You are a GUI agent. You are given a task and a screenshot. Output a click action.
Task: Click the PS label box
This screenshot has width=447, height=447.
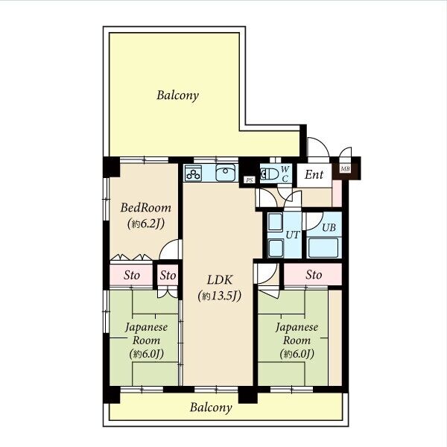(x=250, y=180)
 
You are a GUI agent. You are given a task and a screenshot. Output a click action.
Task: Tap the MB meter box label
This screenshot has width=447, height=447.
(x=345, y=169)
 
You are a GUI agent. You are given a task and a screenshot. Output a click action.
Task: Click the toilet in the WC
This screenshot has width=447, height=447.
(x=270, y=173)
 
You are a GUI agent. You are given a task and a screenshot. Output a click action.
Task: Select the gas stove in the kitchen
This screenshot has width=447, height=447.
(x=193, y=173)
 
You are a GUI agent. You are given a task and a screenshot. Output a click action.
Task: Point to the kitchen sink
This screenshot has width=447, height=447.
(x=226, y=173)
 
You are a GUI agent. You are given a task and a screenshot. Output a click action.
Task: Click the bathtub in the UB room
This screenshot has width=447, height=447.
(x=323, y=247)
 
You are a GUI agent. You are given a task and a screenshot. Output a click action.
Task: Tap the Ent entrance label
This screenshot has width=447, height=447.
(x=314, y=175)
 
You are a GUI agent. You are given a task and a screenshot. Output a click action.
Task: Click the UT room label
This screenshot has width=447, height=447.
(x=293, y=235)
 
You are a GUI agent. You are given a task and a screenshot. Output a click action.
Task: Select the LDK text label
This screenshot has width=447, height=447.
(x=220, y=279)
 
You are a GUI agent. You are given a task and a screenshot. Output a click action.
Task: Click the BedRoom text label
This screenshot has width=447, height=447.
(x=146, y=208)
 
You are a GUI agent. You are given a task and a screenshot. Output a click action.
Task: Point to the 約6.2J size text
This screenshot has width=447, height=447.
(x=146, y=223)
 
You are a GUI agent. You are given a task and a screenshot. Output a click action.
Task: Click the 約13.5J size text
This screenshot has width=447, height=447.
(x=220, y=296)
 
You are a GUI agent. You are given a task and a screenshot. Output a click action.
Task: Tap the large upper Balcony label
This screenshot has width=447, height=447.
(x=177, y=95)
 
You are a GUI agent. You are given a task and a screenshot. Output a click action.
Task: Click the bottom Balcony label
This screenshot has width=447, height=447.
(x=211, y=407)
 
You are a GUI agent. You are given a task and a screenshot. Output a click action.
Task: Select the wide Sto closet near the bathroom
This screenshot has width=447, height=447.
(x=313, y=274)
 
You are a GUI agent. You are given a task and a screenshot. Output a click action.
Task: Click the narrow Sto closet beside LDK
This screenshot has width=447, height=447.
(x=168, y=275)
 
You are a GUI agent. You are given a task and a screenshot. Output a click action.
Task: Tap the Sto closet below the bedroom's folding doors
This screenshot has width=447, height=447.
(x=131, y=275)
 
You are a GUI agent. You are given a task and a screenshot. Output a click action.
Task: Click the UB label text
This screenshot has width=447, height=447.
(x=329, y=227)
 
